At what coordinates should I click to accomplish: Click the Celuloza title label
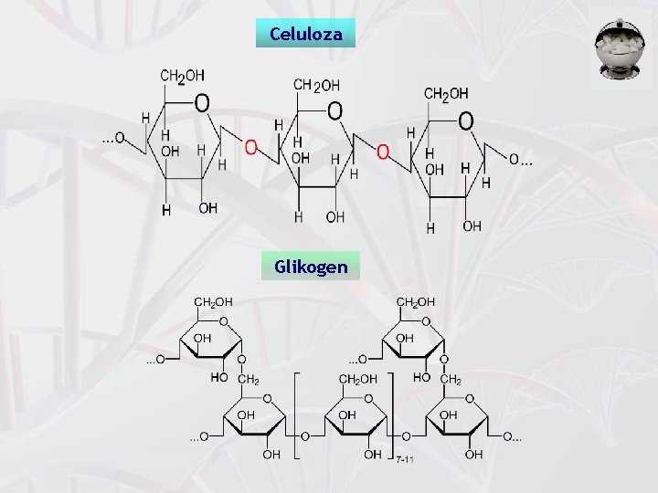[305, 35]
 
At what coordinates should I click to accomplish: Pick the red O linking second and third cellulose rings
[383, 150]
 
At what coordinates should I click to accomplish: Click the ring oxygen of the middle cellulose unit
[334, 110]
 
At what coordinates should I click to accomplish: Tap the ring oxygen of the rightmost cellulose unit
[465, 120]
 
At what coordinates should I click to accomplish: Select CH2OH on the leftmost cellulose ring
[182, 76]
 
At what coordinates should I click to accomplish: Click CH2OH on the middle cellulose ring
[315, 84]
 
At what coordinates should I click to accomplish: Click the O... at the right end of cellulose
[521, 161]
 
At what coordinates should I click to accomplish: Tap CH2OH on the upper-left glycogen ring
[212, 299]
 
